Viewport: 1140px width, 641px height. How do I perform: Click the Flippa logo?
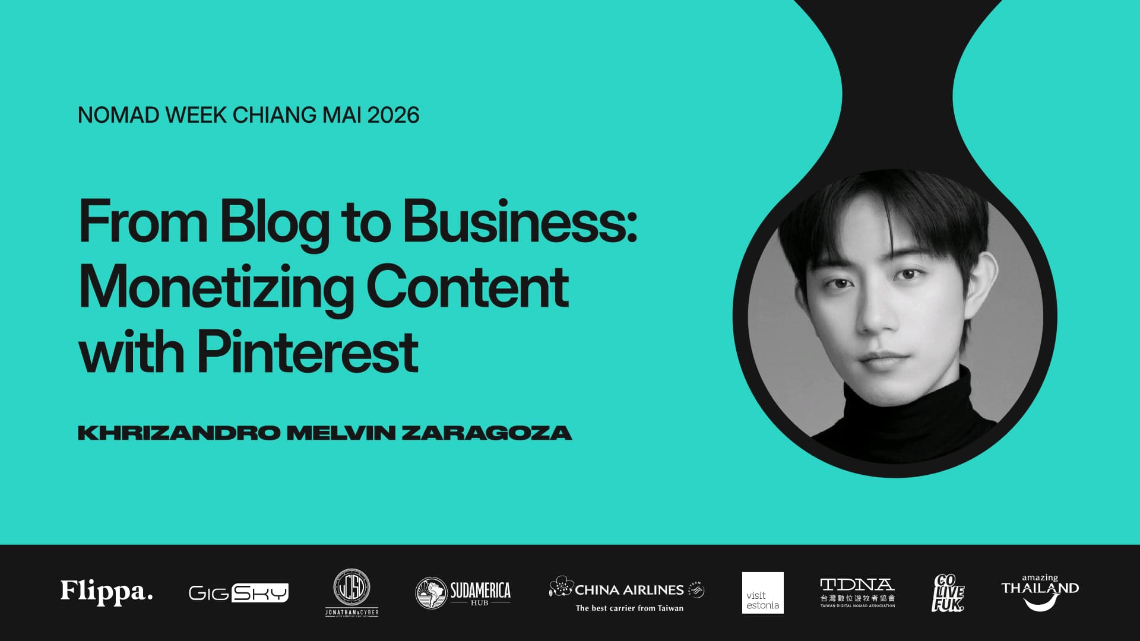107,592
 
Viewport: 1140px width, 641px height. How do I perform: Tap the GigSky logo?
239,592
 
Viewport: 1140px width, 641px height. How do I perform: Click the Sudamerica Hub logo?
463,592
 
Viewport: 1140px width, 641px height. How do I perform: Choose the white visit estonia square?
762,592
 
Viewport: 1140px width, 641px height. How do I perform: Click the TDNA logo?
857,592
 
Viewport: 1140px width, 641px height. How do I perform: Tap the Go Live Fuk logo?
948,592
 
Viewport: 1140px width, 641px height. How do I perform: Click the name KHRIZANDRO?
179,433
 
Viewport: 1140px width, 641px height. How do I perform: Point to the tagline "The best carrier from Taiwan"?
629,608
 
